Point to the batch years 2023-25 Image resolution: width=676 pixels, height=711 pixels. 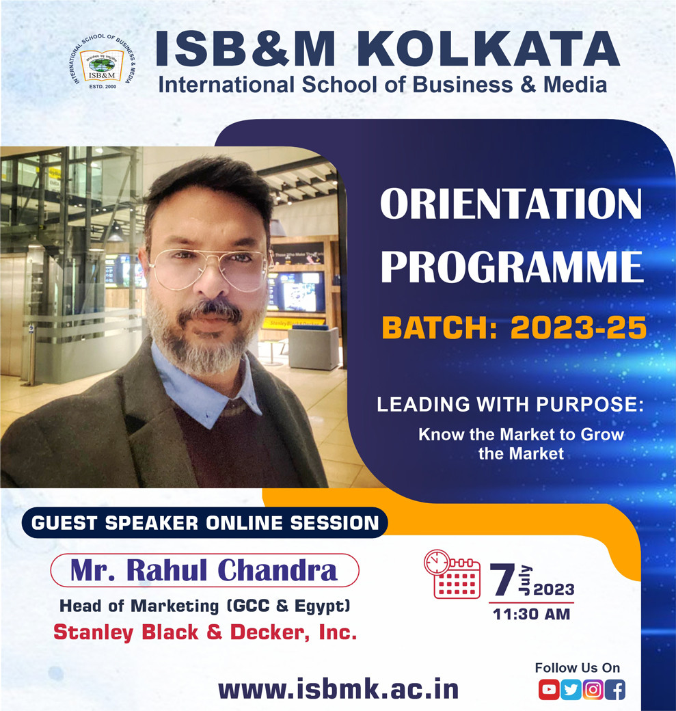[x=578, y=328]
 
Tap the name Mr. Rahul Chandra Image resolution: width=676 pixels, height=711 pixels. [x=204, y=570]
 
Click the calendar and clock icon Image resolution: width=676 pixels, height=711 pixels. [x=452, y=574]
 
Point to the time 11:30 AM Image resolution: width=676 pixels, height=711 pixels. [x=531, y=614]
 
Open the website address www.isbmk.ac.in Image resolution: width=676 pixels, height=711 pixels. [x=338, y=688]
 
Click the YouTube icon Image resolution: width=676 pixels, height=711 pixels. [x=548, y=690]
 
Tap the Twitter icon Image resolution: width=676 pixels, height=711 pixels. [x=571, y=690]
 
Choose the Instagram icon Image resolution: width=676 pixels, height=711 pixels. [x=593, y=690]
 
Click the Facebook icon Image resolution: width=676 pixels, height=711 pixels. [x=615, y=690]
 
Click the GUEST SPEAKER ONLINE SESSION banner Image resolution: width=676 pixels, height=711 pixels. [x=205, y=523]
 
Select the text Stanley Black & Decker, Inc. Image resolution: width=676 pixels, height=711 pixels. [x=205, y=632]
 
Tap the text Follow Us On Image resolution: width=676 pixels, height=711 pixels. [x=578, y=668]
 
